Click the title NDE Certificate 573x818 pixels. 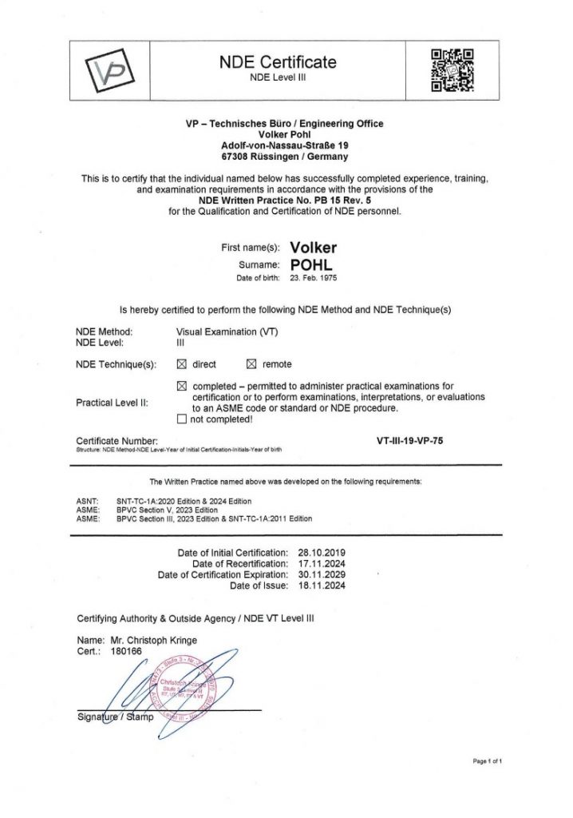pos(278,62)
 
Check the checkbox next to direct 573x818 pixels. pos(180,364)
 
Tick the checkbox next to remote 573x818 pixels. pos(251,364)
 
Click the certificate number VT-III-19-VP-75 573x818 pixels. pos(409,440)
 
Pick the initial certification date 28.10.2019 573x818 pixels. pos(320,552)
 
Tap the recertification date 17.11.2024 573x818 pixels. pos(320,563)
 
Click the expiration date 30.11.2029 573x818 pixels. pos(320,574)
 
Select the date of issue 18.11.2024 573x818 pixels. pos(320,586)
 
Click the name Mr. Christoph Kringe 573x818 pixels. pos(148,641)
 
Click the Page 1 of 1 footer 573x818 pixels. pos(487,761)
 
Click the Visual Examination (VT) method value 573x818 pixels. pos(227,331)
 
